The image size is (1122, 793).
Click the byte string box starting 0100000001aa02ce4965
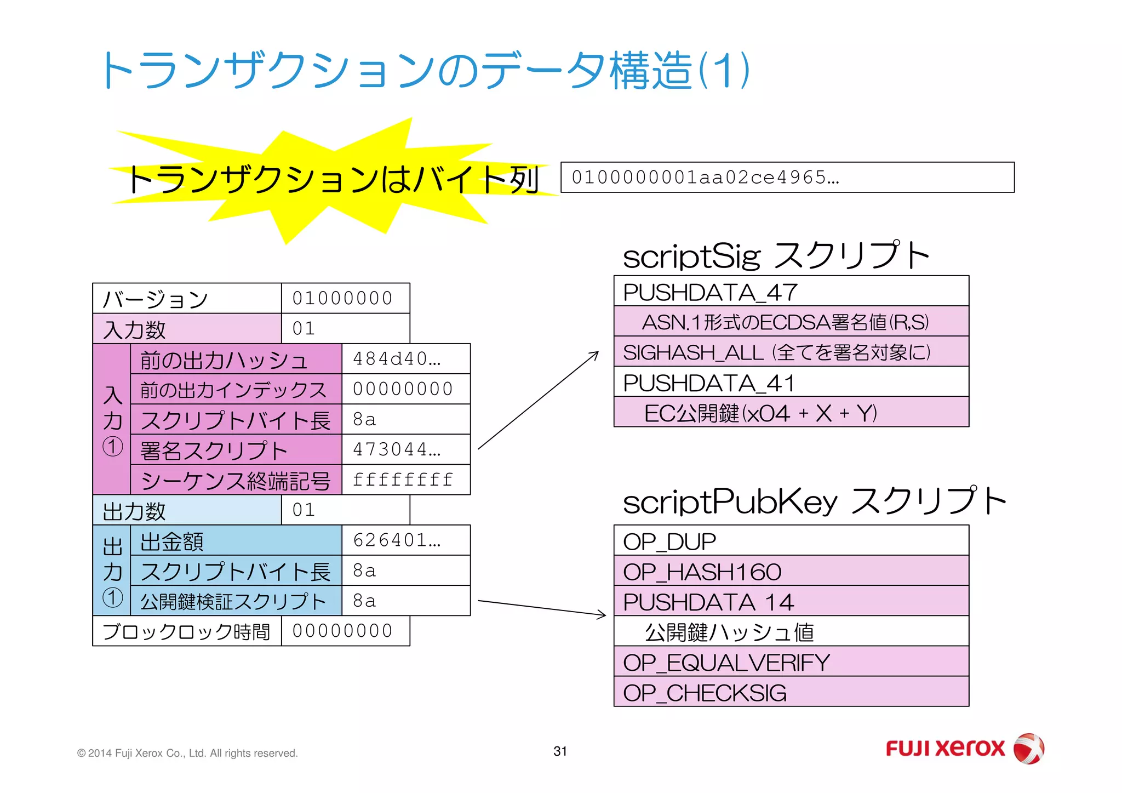click(x=787, y=177)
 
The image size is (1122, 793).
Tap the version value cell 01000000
click(x=345, y=298)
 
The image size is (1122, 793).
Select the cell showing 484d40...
click(x=405, y=359)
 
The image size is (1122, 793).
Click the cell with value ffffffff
click(x=405, y=480)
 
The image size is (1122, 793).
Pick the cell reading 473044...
click(x=405, y=449)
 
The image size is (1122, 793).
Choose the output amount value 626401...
click(x=405, y=540)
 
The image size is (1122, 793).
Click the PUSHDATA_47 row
click(x=791, y=292)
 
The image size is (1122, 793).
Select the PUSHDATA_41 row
click(x=791, y=382)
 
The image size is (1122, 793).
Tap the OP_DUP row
click(x=791, y=541)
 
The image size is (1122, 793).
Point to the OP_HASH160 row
click(x=791, y=571)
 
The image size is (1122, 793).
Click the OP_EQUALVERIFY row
click(x=791, y=662)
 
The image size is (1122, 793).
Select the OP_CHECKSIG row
click(x=791, y=692)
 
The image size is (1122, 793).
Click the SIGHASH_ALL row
click(x=791, y=352)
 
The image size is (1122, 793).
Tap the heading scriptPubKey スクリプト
click(x=815, y=501)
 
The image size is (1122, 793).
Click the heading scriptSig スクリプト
click(x=776, y=256)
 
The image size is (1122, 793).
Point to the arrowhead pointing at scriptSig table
click(x=596, y=354)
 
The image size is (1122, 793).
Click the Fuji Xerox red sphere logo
click(x=1028, y=748)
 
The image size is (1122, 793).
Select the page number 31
click(x=560, y=751)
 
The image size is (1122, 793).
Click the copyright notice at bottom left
click(x=187, y=754)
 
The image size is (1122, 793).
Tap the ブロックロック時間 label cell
click(x=187, y=631)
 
